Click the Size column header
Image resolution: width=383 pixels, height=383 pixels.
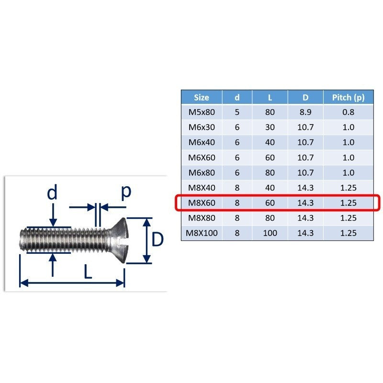pos(202,98)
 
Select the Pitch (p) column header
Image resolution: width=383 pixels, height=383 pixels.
pos(349,98)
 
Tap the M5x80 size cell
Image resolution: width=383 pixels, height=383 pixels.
pos(202,112)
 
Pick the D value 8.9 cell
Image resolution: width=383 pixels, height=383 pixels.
pos(305,112)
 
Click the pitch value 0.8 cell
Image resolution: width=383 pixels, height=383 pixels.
pos(349,112)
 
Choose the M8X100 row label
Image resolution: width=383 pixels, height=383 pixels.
pos(202,233)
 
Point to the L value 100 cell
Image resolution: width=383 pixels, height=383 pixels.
pos(270,233)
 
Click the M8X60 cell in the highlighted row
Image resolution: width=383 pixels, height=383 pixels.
pos(202,203)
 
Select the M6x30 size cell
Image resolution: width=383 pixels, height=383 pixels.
pos(202,127)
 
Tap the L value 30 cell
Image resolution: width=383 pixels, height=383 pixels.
pos(270,127)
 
